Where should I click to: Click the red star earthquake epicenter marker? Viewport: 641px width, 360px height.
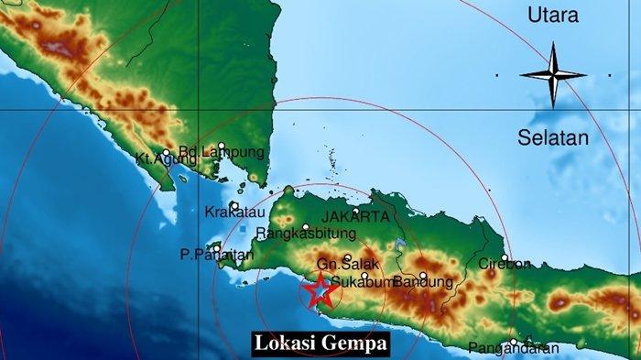coord(319,291)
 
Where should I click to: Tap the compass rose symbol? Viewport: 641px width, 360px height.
coord(553,75)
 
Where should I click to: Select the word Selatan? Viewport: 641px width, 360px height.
coord(553,137)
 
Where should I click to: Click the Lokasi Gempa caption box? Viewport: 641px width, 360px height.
coord(320,344)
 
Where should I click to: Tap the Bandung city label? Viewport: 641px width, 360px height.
coord(422,282)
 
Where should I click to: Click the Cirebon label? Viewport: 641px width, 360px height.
coord(505,265)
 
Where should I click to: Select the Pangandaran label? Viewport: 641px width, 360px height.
coord(513,347)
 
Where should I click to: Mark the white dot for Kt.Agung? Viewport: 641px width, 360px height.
coord(166,152)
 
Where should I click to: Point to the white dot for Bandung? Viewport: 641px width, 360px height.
coord(423,274)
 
